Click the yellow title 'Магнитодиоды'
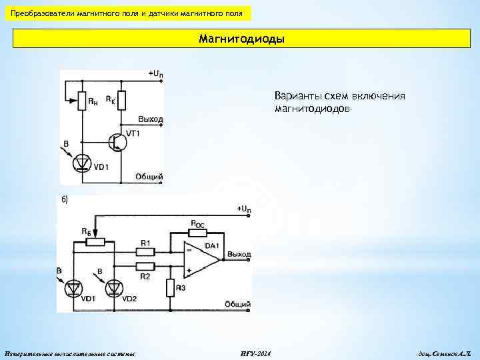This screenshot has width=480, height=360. point(241,39)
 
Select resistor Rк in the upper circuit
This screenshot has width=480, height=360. point(121,101)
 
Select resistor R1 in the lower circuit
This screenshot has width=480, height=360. point(145,251)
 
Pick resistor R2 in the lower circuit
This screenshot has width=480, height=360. point(145,266)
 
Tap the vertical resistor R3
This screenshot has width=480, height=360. point(170,287)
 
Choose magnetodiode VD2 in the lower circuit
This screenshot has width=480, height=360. point(115,287)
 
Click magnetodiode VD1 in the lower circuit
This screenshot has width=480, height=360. point(73,287)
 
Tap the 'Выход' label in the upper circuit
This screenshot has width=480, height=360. point(150,119)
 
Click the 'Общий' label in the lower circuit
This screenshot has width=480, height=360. point(237,304)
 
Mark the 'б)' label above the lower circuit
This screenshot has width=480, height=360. point(65,199)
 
